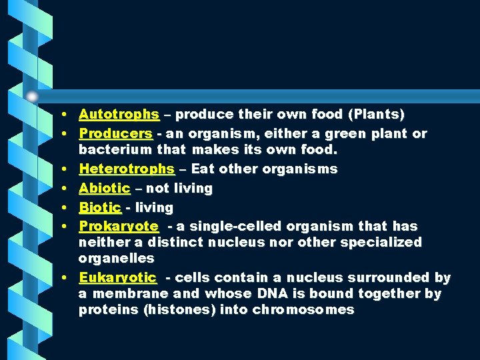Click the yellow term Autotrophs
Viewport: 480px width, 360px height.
tap(119, 115)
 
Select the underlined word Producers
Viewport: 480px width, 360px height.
tap(115, 133)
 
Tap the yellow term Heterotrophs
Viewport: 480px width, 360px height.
tap(127, 169)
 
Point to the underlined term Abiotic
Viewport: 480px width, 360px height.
tap(104, 189)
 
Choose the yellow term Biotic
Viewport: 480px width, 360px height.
tap(100, 208)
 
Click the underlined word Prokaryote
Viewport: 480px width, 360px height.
tap(119, 227)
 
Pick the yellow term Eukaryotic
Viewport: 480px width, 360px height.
tap(117, 277)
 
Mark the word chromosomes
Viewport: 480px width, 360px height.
tap(303, 310)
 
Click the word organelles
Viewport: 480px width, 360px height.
tap(116, 258)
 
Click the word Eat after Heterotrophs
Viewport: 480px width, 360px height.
tap(203, 169)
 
